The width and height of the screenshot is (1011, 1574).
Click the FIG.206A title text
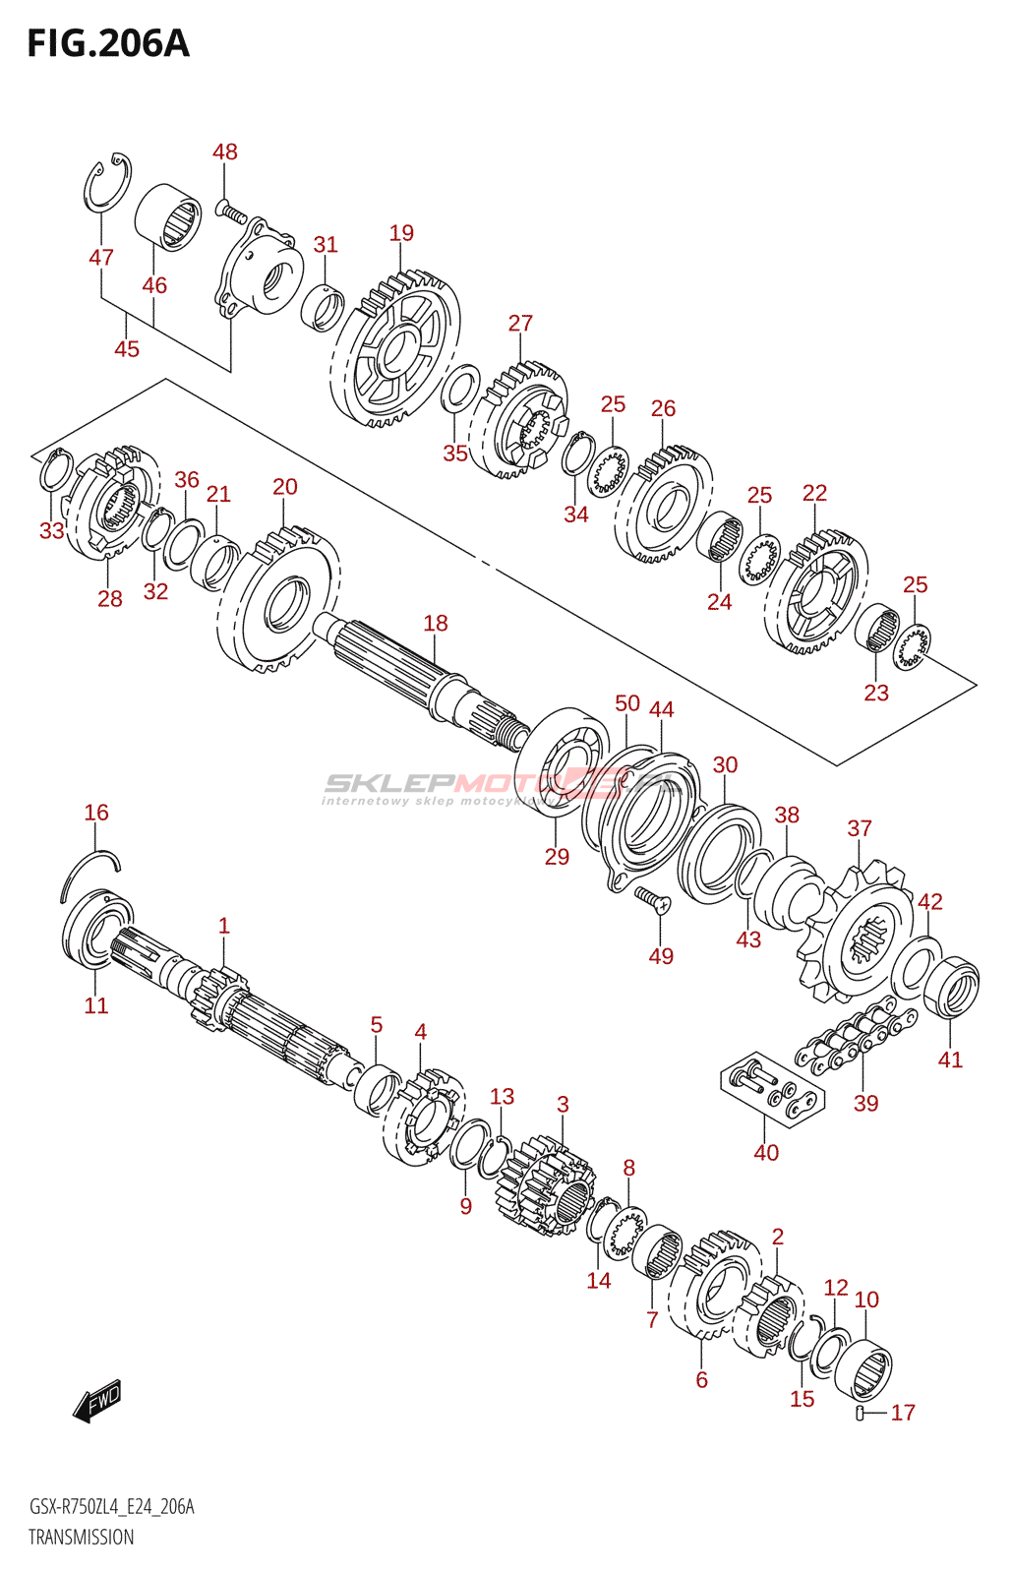pos(108,44)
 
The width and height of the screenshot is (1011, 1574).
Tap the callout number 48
pos(225,151)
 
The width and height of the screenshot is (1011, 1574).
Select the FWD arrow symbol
pos(97,1401)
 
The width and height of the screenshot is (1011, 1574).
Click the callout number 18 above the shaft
pos(436,623)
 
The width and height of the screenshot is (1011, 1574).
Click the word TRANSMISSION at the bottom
pos(81,1537)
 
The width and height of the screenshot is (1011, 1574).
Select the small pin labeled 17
pos(862,1414)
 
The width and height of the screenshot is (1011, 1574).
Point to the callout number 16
pos(96,813)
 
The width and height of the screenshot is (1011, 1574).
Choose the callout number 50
pos(627,703)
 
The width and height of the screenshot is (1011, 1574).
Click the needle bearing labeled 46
pos(168,216)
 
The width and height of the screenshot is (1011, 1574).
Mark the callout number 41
pos(950,1059)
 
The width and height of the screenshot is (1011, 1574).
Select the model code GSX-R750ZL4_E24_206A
pos(111,1507)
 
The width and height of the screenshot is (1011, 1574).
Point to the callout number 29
pos(557,857)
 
